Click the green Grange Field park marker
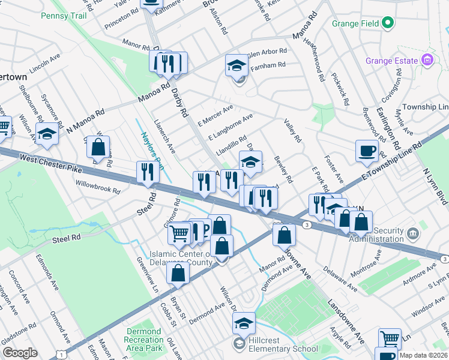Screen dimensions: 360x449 coord(388,24)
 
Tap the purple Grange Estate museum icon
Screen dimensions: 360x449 coord(427,60)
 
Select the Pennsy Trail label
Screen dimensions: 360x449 coord(64,16)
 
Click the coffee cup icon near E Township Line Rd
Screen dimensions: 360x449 coord(366,151)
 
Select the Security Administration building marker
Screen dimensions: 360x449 coord(412,233)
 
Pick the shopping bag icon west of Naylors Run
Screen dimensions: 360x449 coord(98,147)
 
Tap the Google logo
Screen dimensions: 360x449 coord(20,352)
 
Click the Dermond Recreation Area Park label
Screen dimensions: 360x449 coord(145,340)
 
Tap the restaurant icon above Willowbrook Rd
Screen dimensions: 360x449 coord(147,172)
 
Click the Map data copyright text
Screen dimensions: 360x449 coord(423,355)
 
